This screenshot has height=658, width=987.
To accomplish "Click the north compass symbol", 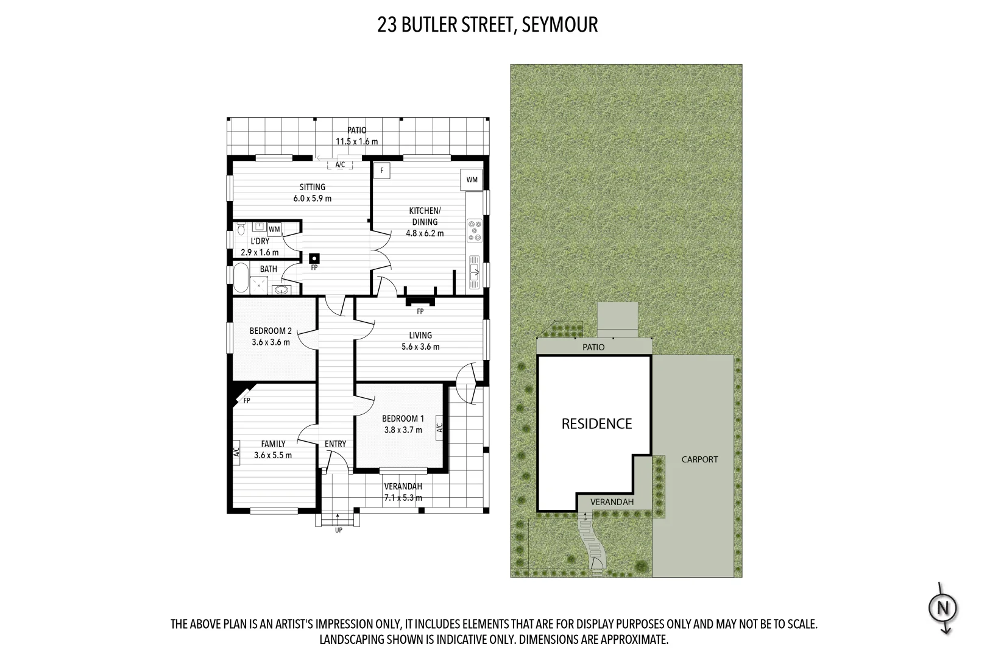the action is pyautogui.click(x=943, y=608).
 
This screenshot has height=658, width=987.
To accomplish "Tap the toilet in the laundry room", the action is pyautogui.click(x=241, y=228).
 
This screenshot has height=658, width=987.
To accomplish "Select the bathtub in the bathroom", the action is pyautogui.click(x=241, y=278).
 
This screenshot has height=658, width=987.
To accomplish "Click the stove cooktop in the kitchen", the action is pyautogui.click(x=475, y=231).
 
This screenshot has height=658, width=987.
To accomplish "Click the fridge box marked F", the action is pyautogui.click(x=381, y=171).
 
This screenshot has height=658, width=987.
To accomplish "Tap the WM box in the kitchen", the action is pyautogui.click(x=472, y=180).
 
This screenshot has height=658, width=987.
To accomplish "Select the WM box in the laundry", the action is pyautogui.click(x=274, y=229).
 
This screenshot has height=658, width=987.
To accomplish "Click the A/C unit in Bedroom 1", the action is pyautogui.click(x=439, y=428).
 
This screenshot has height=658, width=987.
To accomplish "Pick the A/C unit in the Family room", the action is pyautogui.click(x=236, y=452).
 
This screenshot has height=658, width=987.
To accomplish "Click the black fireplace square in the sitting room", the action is pyautogui.click(x=314, y=258).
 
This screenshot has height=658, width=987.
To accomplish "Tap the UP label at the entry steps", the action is pyautogui.click(x=338, y=530).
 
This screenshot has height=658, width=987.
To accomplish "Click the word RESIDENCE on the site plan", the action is pyautogui.click(x=596, y=423).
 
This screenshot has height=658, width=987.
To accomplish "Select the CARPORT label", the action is pyautogui.click(x=699, y=459).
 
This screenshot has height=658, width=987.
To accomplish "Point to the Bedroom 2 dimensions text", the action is pyautogui.click(x=271, y=342).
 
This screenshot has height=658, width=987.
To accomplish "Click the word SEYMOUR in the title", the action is pyautogui.click(x=559, y=25).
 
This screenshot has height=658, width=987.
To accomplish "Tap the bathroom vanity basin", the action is pyautogui.click(x=281, y=289).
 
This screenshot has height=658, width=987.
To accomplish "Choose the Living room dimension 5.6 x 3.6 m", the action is pyautogui.click(x=420, y=347).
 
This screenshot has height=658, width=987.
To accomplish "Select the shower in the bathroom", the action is pyautogui.click(x=259, y=285).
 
